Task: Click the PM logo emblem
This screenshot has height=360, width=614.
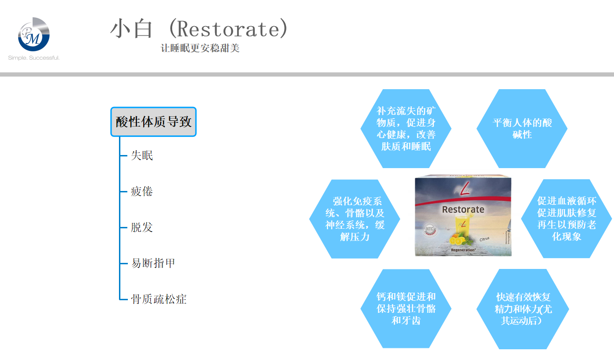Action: [x=34, y=34]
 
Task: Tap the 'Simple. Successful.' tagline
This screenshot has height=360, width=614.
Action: [x=34, y=58]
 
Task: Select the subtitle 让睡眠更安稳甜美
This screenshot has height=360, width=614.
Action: [x=200, y=48]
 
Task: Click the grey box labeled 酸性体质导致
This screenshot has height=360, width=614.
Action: [x=153, y=121]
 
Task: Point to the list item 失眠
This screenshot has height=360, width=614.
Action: [x=142, y=155]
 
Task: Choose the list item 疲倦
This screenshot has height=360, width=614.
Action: [x=142, y=191]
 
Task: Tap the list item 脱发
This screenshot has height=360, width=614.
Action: [x=142, y=227]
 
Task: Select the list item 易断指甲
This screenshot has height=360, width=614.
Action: [x=153, y=263]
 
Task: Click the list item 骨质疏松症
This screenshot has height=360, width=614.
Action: [x=159, y=299]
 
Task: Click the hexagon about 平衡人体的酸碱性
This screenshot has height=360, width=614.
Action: [x=522, y=128]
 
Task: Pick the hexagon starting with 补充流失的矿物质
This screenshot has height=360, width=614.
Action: [x=406, y=128]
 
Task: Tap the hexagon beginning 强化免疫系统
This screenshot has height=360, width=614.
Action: [x=355, y=219]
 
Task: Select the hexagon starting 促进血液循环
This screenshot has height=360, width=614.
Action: [x=566, y=219]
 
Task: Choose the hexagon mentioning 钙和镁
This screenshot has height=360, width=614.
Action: [x=406, y=309]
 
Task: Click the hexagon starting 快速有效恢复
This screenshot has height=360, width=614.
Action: [x=523, y=309]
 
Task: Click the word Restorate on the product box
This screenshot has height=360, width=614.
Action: [x=463, y=210]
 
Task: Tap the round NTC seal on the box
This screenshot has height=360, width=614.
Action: [x=430, y=229]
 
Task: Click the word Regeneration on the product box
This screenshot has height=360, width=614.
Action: [x=463, y=250]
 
